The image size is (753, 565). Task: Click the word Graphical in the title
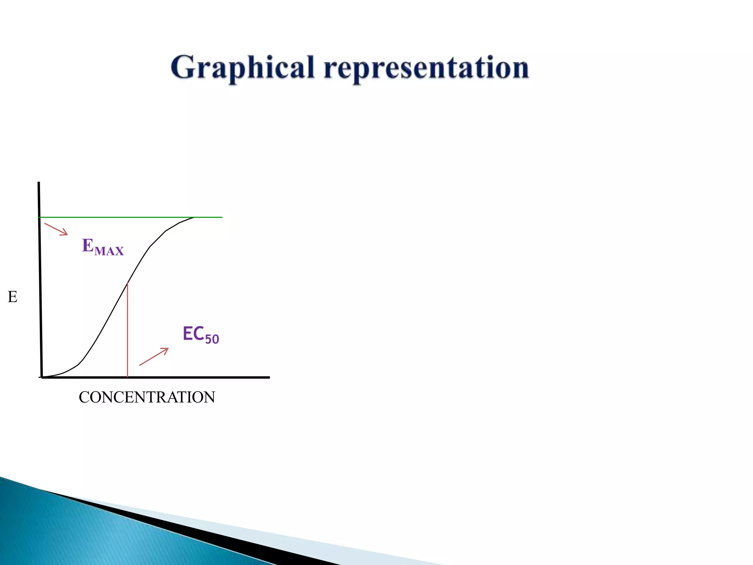click(x=243, y=68)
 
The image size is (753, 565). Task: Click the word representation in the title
click(x=427, y=68)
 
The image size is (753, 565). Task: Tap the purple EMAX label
click(x=103, y=247)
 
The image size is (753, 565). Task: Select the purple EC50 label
click(x=200, y=335)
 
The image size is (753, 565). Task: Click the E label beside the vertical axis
click(x=13, y=297)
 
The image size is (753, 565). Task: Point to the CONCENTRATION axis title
click(x=147, y=397)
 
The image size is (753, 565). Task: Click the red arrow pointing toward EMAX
click(x=56, y=229)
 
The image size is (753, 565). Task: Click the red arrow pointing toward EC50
click(x=154, y=357)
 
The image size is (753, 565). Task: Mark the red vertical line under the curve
click(x=127, y=331)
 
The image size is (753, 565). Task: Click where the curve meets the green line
click(x=194, y=217)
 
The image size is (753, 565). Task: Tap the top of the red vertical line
click(x=127, y=283)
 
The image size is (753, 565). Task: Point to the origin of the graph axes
click(x=42, y=377)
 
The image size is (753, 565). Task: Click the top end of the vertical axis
click(x=39, y=183)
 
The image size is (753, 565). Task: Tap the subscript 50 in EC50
click(x=212, y=339)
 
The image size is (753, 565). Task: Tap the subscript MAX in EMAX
click(x=109, y=251)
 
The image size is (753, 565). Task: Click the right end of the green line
click(x=221, y=217)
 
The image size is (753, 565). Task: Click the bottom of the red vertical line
click(x=127, y=376)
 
